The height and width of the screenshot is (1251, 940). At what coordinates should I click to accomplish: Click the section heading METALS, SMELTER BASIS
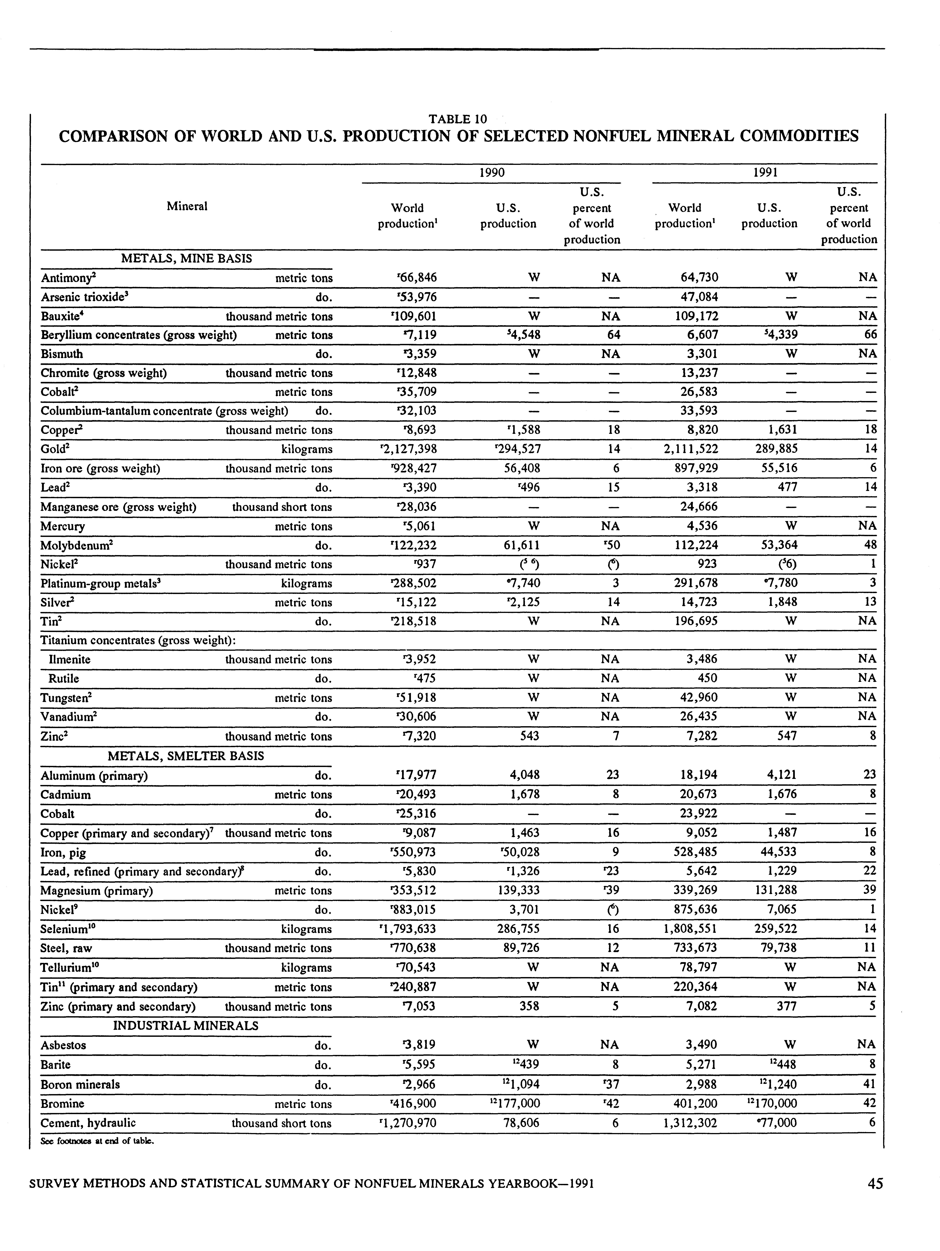186,756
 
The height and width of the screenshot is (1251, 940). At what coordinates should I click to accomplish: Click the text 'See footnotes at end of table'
97,1141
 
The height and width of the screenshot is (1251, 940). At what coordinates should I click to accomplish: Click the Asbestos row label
63,1045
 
